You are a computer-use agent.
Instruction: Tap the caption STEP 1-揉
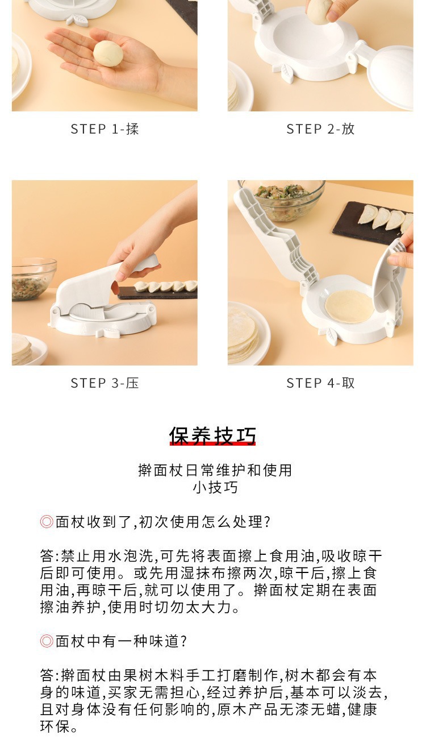click(105, 129)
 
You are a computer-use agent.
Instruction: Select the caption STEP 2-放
click(320, 129)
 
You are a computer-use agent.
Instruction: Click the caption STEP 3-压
click(105, 383)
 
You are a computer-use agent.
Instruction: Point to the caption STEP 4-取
click(320, 383)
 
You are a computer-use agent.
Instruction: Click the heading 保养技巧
click(212, 435)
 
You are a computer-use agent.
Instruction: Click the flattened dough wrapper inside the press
click(349, 306)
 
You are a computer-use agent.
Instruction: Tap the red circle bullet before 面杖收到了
click(47, 522)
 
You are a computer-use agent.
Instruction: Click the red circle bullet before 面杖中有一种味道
click(47, 641)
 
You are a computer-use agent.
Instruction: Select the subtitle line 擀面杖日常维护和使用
click(215, 470)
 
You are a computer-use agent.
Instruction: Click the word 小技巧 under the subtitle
click(215, 487)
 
